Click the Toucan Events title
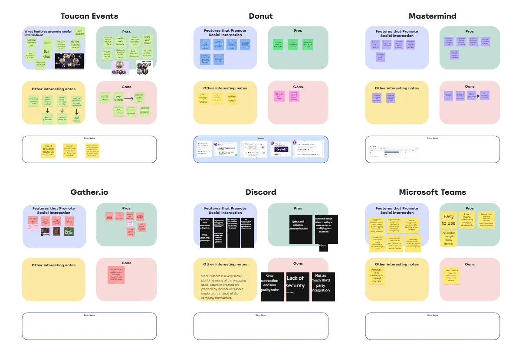(89, 16)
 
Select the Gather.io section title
(89, 192)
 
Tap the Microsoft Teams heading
(432, 192)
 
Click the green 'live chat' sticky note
(46, 54)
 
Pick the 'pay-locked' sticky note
(118, 99)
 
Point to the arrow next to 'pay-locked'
(129, 99)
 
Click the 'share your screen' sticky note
(147, 42)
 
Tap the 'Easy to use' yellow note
(449, 219)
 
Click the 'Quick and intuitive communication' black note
(300, 229)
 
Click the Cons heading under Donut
(298, 87)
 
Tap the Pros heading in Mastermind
(469, 31)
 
